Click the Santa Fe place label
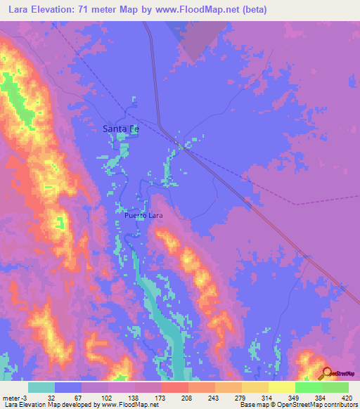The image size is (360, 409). coord(121,129)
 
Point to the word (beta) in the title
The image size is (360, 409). coord(251,9)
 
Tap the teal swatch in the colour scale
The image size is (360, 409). coord(41,387)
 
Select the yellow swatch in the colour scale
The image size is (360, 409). coord(282,387)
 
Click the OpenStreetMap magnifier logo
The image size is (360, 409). coord(327,373)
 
